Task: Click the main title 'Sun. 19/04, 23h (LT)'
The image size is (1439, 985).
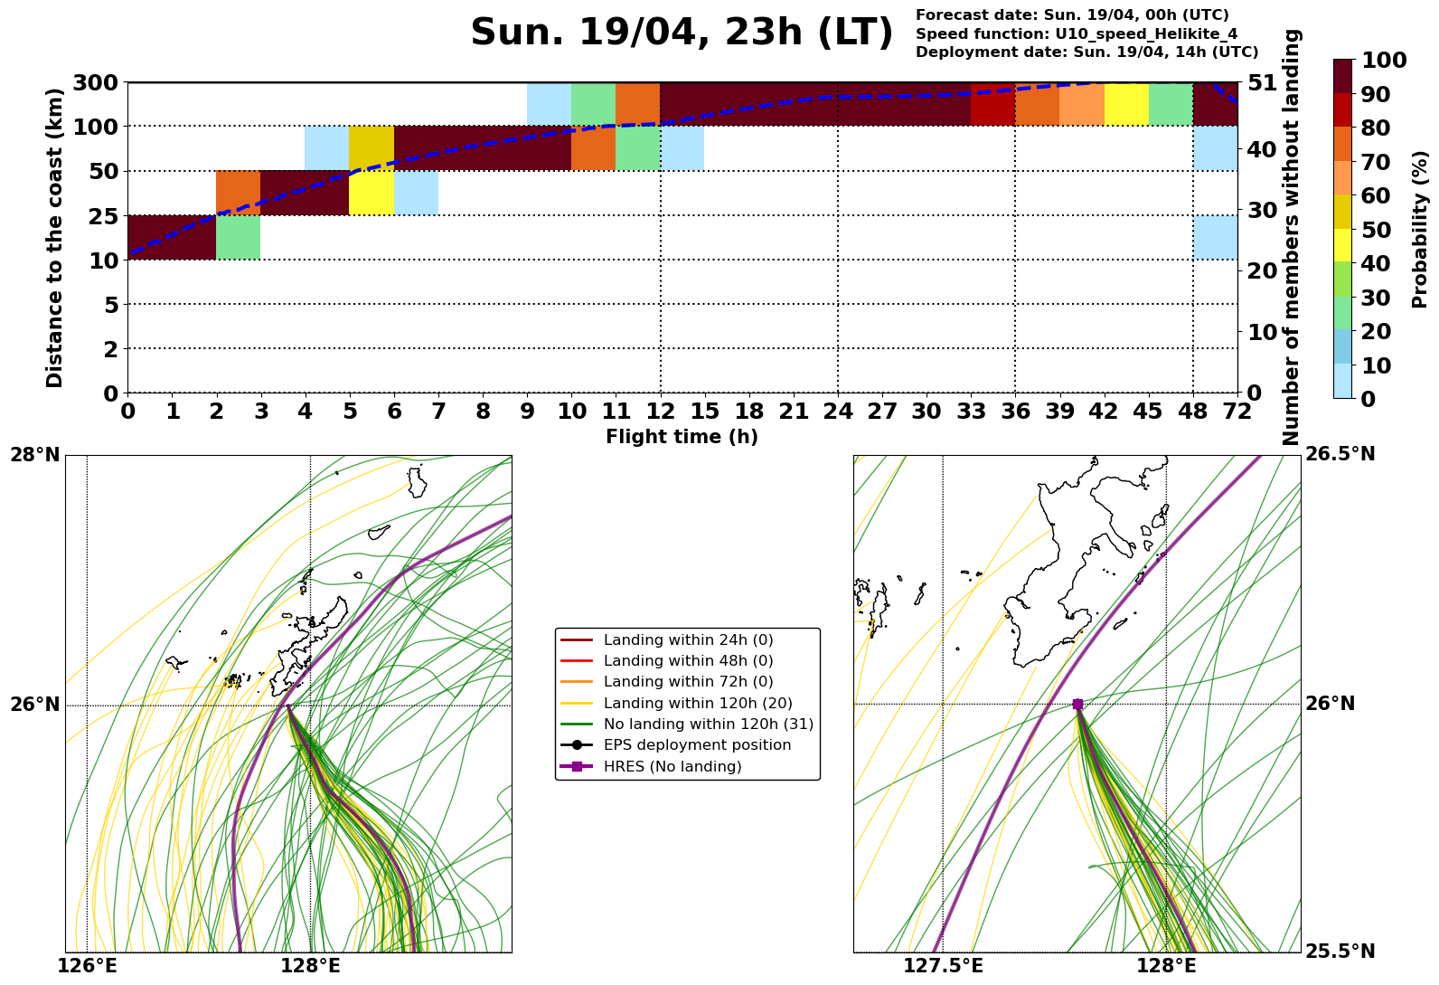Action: coord(682,33)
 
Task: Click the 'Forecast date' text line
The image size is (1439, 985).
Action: coord(1072,15)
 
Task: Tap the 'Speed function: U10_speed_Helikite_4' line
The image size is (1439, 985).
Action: coord(1077,33)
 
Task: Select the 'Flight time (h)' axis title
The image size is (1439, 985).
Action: coord(682,437)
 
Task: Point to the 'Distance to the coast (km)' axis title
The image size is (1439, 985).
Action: coord(55,238)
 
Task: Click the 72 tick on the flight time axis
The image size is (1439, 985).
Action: coord(1237,412)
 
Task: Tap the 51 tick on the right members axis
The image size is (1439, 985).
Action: coord(1262,82)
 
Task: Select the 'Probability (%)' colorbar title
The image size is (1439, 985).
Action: coord(1420,229)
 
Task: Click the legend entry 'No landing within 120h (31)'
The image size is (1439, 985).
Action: coord(708,724)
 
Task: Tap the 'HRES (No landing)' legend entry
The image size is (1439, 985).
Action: coord(672,766)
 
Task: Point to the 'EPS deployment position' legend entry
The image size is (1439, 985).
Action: coord(697,745)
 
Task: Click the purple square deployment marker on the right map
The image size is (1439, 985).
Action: coord(1077,704)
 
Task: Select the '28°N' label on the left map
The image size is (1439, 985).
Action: coord(35,454)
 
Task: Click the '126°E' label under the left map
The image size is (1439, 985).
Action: coord(87,966)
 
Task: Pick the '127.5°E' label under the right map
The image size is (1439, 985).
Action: coord(943,966)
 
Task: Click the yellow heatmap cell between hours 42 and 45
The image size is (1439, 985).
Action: coord(1126,104)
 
